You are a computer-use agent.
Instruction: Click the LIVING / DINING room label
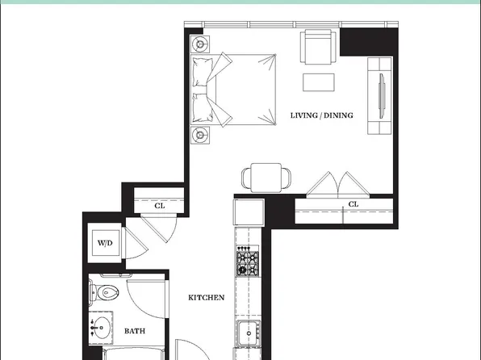tap(321, 115)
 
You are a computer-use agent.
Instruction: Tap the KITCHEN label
tap(206, 297)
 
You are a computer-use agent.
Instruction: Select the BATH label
tap(135, 331)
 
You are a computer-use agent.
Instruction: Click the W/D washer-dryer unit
tap(105, 243)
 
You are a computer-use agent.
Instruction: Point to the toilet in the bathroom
tap(103, 292)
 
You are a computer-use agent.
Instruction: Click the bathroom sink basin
tap(101, 328)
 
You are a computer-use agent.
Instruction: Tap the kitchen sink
tap(249, 333)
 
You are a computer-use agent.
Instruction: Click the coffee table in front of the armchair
tap(319, 82)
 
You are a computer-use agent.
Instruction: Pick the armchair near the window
tap(318, 47)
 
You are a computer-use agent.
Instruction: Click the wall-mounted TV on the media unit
tap(382, 96)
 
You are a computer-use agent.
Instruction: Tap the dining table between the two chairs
tap(266, 178)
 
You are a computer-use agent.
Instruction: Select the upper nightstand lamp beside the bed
tap(200, 44)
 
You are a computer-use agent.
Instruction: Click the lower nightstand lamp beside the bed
tap(200, 135)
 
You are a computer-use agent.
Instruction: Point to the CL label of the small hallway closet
tap(160, 206)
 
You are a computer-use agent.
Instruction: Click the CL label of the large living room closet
tap(353, 204)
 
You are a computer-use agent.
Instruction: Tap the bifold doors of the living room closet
tap(337, 184)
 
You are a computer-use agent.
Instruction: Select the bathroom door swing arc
tap(147, 299)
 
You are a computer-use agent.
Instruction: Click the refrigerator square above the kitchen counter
tap(249, 212)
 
